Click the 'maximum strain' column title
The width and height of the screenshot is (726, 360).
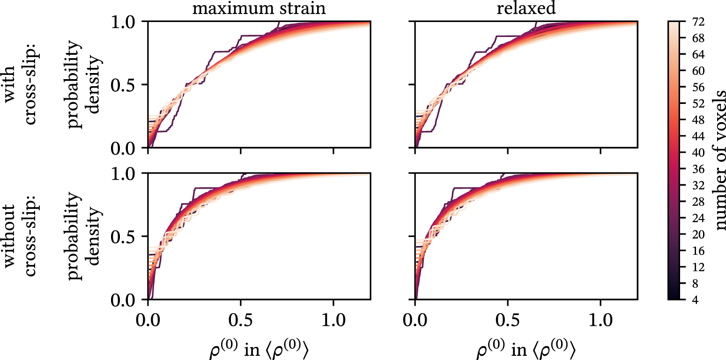259,9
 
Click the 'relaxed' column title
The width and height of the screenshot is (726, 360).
526,9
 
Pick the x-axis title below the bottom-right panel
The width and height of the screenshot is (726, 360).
526,349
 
